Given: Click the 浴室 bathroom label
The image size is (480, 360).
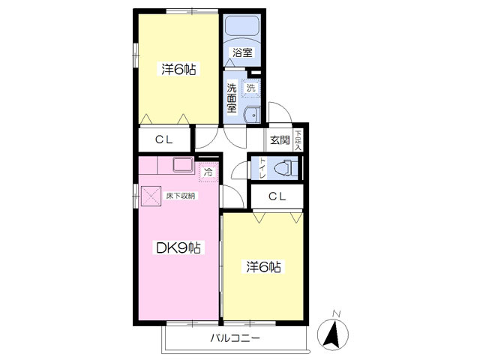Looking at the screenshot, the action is (x=242, y=52).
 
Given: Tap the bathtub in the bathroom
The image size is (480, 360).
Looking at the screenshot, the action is (x=242, y=25).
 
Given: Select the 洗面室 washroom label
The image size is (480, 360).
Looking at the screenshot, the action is (x=232, y=98).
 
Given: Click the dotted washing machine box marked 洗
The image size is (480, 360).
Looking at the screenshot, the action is (x=251, y=88).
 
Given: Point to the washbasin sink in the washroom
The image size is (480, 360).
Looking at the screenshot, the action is (x=251, y=115).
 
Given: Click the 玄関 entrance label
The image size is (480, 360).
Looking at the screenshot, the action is (x=280, y=140).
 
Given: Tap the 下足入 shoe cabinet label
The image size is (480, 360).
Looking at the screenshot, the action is (x=298, y=140).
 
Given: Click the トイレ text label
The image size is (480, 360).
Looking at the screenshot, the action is (x=262, y=168).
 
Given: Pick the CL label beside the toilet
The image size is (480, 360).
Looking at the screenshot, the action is (x=277, y=196).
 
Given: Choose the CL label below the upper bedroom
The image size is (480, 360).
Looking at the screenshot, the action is (x=163, y=139).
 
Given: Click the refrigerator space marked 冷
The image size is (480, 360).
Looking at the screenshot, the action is (x=208, y=172).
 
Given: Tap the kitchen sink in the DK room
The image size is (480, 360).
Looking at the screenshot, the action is (x=183, y=165).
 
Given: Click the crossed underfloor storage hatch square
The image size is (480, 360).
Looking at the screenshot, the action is (x=151, y=196).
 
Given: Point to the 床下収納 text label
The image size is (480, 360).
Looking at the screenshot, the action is (x=180, y=196).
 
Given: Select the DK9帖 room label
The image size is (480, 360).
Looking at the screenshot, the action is (x=178, y=247).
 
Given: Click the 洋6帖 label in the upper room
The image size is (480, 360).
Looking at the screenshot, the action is (x=178, y=69).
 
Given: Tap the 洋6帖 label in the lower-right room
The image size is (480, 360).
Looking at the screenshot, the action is (x=263, y=267).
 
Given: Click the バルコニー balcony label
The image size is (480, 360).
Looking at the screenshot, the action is (x=235, y=338).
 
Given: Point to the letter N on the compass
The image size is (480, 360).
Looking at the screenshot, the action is (x=337, y=313).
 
